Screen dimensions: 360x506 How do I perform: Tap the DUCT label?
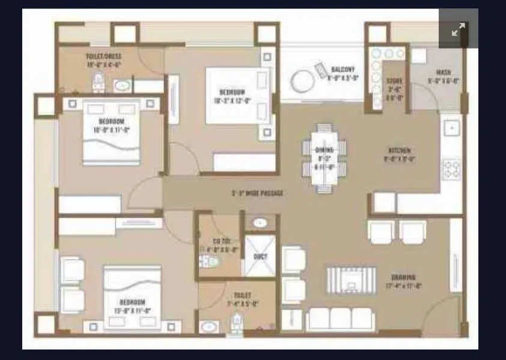point(260,256)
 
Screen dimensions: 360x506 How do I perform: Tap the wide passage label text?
point(257,194)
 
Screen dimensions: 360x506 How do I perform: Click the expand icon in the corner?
point(459,29)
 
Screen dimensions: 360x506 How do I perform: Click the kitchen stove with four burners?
point(451,168)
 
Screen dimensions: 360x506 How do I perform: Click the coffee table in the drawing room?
point(351,280)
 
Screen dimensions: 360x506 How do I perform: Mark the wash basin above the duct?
point(259,223)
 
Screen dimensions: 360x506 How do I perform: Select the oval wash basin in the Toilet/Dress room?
point(123,85)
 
